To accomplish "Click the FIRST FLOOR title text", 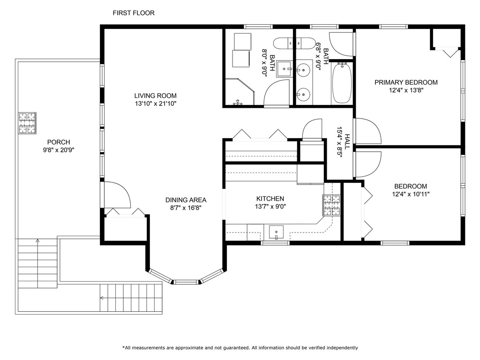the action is tap(134, 13).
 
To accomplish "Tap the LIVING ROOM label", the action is tap(156, 96).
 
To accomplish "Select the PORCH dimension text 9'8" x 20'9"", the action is tap(59, 150).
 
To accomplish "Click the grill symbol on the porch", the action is tap(27, 123).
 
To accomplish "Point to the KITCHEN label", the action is tap(270, 199).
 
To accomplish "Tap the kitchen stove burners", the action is tap(331, 205).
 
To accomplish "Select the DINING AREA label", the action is tap(186, 200).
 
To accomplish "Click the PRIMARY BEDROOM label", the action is tap(406, 82).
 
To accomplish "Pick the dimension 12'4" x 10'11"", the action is tap(411, 194).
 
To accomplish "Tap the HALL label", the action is tap(347, 142).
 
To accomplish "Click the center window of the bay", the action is tap(186, 282).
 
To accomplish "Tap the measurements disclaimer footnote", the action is tap(240, 348).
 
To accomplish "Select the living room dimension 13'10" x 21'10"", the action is tap(156, 104).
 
